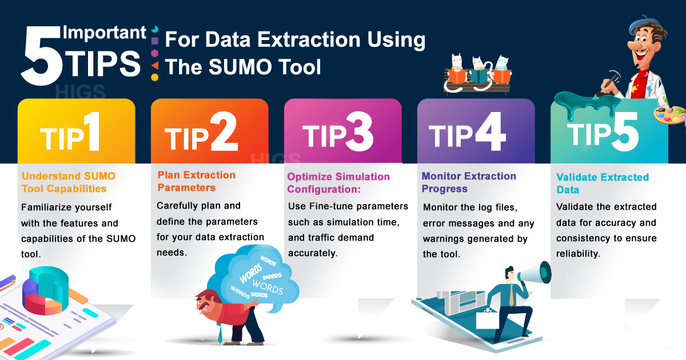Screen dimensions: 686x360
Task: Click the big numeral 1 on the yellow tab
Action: pyautogui.click(x=93, y=131)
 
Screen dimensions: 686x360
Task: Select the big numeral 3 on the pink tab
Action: pyautogui.click(x=359, y=131)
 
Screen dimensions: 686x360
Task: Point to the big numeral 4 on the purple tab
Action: pyautogui.click(x=489, y=131)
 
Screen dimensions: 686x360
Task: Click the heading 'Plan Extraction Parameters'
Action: pyautogui.click(x=196, y=181)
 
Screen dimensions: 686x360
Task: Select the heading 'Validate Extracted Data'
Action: pyautogui.click(x=603, y=183)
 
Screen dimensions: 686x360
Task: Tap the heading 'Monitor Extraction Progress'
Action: pyautogui.click(x=469, y=182)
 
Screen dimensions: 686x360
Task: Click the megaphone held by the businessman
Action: pyautogui.click(x=534, y=273)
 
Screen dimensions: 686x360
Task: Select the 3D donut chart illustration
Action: pyautogui.click(x=46, y=291)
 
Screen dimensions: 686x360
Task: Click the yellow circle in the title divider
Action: pyautogui.click(x=155, y=78)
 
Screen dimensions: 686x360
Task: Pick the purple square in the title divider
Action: pyautogui.click(x=155, y=41)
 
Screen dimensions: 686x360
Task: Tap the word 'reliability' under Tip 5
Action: pyautogui.click(x=578, y=254)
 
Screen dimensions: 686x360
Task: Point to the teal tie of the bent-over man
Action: pyautogui.click(x=220, y=333)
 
